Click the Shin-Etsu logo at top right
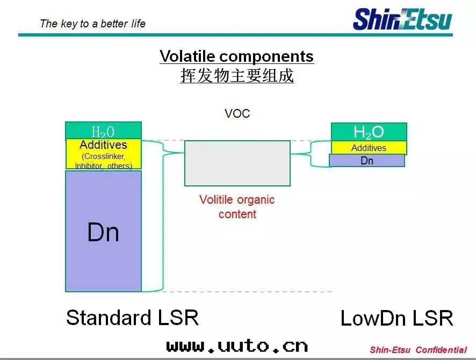click(402, 18)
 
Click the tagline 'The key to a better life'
click(92, 24)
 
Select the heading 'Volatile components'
click(236, 56)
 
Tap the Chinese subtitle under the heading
click(236, 76)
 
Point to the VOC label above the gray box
click(237, 114)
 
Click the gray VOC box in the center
click(237, 163)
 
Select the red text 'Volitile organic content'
click(237, 207)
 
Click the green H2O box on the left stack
click(103, 131)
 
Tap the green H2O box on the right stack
click(369, 132)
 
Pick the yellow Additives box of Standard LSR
click(103, 154)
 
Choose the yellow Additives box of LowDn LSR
click(369, 148)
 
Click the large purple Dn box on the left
click(103, 231)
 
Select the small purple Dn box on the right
click(367, 160)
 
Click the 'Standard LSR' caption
click(132, 318)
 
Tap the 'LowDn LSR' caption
click(396, 319)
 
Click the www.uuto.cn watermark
click(237, 345)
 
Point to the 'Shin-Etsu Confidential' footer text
click(418, 350)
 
